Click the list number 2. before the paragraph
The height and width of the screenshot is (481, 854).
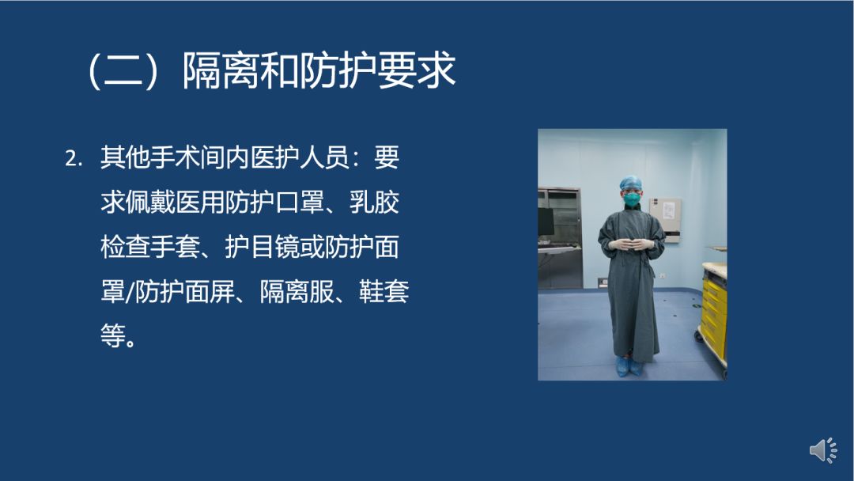(x=74, y=159)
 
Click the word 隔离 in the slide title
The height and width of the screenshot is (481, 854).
(x=221, y=70)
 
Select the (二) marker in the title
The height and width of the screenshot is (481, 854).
(x=123, y=70)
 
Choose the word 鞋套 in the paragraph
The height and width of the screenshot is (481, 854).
(x=384, y=291)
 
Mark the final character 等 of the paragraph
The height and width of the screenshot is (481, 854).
(x=113, y=335)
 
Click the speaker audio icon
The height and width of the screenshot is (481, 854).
(x=823, y=450)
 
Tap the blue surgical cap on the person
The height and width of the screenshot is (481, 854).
(x=631, y=182)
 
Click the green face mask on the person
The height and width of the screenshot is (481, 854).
(x=632, y=199)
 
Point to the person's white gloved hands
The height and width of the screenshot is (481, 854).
(x=631, y=244)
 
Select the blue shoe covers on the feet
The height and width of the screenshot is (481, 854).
(x=629, y=366)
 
